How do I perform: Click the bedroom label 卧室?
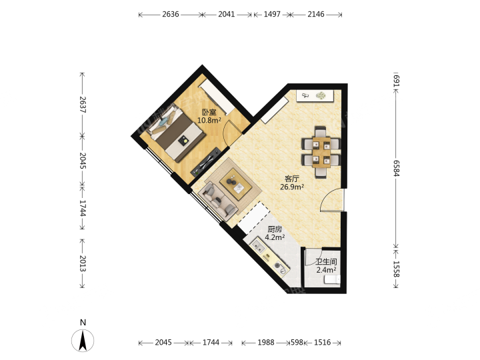(x=209, y=113)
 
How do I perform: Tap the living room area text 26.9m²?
(x=292, y=187)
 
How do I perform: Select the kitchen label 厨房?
(x=275, y=229)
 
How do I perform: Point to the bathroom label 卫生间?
(x=326, y=262)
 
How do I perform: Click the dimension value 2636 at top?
(x=171, y=15)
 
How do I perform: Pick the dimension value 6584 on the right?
(x=397, y=169)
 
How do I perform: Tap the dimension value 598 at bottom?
(x=297, y=342)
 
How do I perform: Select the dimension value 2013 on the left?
(x=83, y=263)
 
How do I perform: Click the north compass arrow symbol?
(x=83, y=341)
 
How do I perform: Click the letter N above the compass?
(x=83, y=323)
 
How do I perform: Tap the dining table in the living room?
(x=321, y=152)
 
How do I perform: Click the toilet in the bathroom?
(x=332, y=279)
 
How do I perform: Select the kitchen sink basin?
(x=257, y=246)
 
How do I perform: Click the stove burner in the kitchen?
(x=279, y=267)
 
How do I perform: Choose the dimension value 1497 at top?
(x=272, y=15)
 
